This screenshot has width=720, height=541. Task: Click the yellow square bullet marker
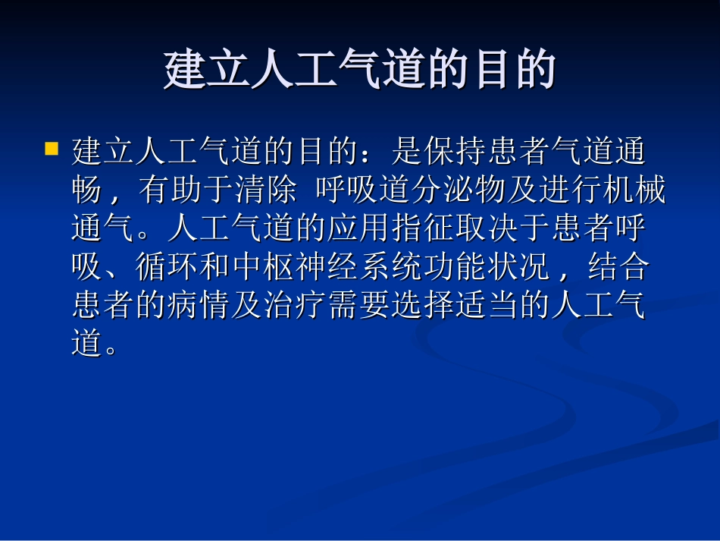coord(52,147)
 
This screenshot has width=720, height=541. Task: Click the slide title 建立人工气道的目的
coord(360,71)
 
